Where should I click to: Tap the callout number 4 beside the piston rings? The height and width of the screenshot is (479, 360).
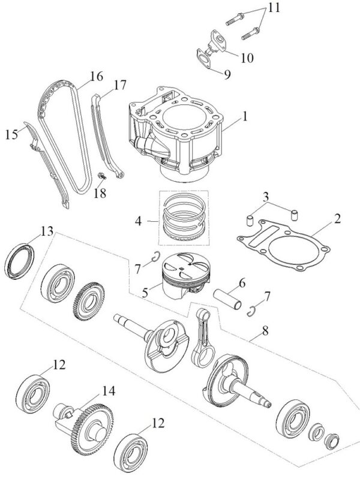[x=138, y=221]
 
